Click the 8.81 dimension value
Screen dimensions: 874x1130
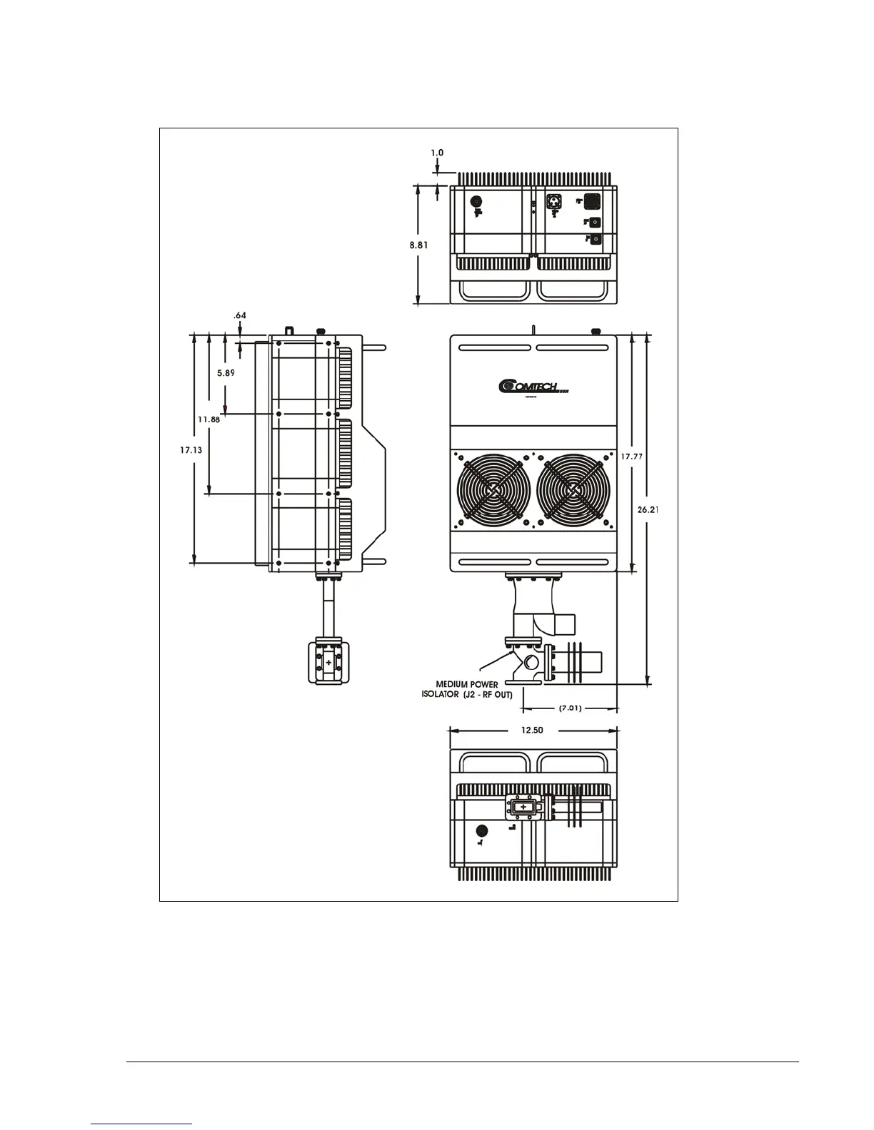click(x=419, y=244)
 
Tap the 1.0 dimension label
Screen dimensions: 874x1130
click(x=437, y=152)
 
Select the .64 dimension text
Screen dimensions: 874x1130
click(x=240, y=315)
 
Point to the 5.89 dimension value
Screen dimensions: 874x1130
click(x=226, y=372)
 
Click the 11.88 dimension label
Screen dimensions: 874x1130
click(x=209, y=419)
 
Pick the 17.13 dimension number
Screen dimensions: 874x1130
click(x=191, y=450)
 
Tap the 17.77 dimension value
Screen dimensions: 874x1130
click(x=633, y=456)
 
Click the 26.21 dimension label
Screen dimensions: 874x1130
click(x=648, y=509)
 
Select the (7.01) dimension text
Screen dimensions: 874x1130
click(x=569, y=708)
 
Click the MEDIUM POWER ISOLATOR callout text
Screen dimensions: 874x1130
click(x=467, y=689)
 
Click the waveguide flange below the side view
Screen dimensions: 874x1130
click(x=328, y=663)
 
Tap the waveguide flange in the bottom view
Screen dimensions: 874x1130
click(x=525, y=807)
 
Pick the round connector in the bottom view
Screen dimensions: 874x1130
click(x=481, y=830)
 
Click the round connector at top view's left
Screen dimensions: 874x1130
click(x=478, y=201)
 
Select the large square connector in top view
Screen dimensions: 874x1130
click(x=591, y=200)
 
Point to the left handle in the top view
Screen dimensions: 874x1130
click(x=492, y=290)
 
